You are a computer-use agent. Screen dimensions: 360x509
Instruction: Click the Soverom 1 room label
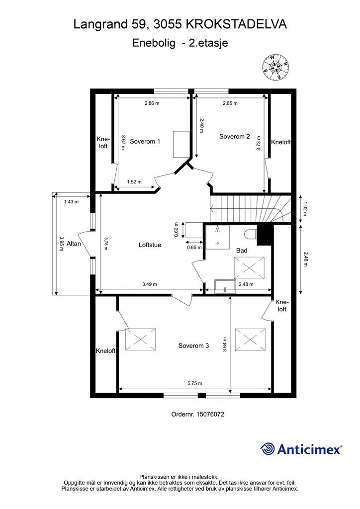click(145, 142)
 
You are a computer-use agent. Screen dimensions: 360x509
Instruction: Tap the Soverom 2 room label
click(234, 137)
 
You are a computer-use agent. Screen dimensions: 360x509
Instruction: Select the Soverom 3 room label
click(193, 346)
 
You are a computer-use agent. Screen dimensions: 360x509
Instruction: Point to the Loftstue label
click(150, 245)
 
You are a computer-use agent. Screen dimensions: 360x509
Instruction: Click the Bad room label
click(242, 251)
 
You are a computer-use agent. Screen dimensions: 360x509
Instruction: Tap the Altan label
click(74, 244)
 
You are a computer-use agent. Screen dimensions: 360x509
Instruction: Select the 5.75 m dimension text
click(195, 383)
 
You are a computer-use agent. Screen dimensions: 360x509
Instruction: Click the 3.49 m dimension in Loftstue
click(150, 284)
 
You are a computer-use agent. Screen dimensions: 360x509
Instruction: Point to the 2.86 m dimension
click(152, 103)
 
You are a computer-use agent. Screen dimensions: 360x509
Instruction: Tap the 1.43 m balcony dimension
click(71, 202)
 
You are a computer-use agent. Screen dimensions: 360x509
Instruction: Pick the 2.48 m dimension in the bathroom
click(246, 284)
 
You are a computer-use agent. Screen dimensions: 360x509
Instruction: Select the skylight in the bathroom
click(249, 268)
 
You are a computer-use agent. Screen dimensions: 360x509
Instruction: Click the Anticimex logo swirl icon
click(268, 449)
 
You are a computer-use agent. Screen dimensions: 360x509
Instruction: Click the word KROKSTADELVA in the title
click(236, 24)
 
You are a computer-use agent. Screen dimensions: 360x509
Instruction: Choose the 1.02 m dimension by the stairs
click(304, 209)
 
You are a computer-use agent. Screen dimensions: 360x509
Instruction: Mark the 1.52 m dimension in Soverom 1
click(134, 182)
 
